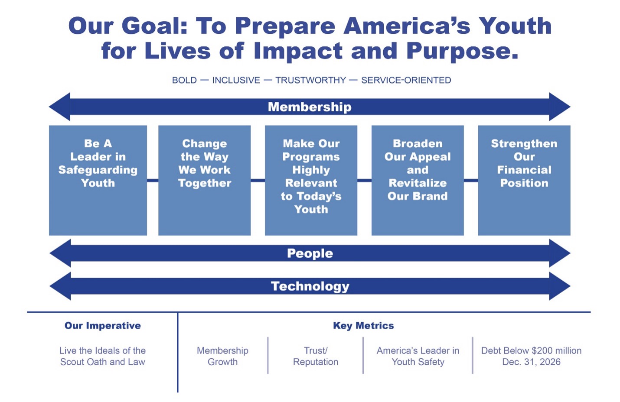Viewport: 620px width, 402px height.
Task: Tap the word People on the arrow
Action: (310, 253)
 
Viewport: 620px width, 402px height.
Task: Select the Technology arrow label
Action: (310, 286)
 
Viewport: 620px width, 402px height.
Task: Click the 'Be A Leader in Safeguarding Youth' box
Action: (98, 180)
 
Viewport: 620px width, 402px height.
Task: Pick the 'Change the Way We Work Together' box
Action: (205, 180)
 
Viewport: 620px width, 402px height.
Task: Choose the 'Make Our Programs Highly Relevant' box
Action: (311, 180)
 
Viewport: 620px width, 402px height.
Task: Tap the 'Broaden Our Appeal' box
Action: (418, 180)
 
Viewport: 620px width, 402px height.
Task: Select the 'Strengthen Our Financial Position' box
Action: (524, 180)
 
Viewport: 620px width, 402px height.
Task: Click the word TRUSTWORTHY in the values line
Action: (310, 80)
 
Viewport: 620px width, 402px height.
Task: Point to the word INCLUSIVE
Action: (236, 80)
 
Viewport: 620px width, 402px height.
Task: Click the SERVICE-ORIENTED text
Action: (406, 80)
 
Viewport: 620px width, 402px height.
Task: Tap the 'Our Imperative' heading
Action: (103, 326)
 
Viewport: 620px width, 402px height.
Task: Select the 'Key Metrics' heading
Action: (363, 326)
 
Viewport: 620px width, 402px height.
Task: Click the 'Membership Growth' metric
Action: (222, 357)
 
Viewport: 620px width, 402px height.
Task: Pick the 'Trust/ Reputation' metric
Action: (316, 357)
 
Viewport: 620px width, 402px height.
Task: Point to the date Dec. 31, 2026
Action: (532, 362)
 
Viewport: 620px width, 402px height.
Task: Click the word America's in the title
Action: (407, 26)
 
